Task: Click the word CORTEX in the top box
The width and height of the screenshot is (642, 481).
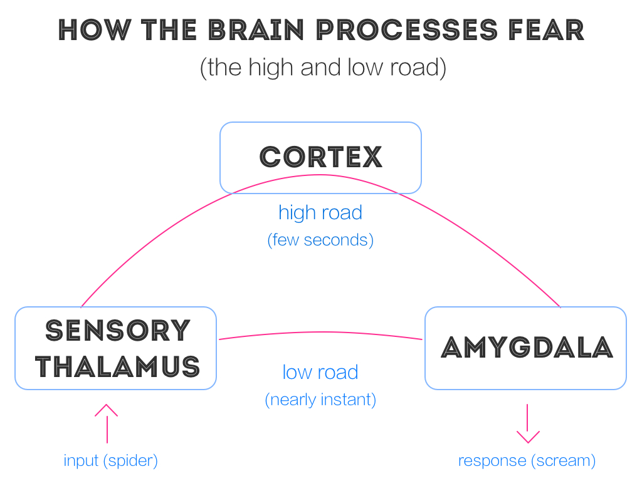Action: [x=320, y=157]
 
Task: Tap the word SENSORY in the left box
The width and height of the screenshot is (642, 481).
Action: [x=118, y=330]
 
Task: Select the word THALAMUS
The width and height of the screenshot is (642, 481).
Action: [x=118, y=366]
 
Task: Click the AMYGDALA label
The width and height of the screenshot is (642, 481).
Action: [x=526, y=347]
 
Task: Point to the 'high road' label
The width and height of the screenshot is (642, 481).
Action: [x=320, y=212]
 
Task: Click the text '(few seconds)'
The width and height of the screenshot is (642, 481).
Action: [x=320, y=240]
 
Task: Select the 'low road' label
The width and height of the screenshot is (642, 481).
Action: [x=320, y=372]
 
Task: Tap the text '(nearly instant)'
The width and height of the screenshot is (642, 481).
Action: [x=320, y=400]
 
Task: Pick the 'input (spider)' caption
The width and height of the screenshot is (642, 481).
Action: [x=110, y=461]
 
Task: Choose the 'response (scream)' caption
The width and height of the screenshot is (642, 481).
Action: [x=527, y=461]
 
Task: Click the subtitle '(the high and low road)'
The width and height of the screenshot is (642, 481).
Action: [x=323, y=67]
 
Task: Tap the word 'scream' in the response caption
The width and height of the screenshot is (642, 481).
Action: [x=562, y=461]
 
